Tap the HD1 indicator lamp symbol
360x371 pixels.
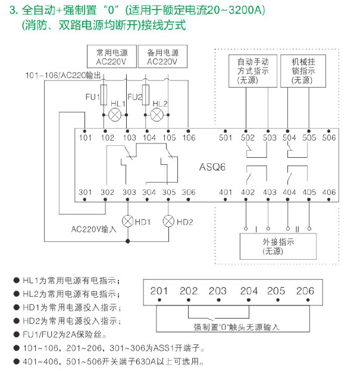(127, 222)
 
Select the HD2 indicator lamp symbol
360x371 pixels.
(169, 222)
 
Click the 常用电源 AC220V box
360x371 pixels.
(111, 57)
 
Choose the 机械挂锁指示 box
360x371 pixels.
(303, 71)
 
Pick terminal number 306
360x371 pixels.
(188, 192)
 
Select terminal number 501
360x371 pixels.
(226, 138)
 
